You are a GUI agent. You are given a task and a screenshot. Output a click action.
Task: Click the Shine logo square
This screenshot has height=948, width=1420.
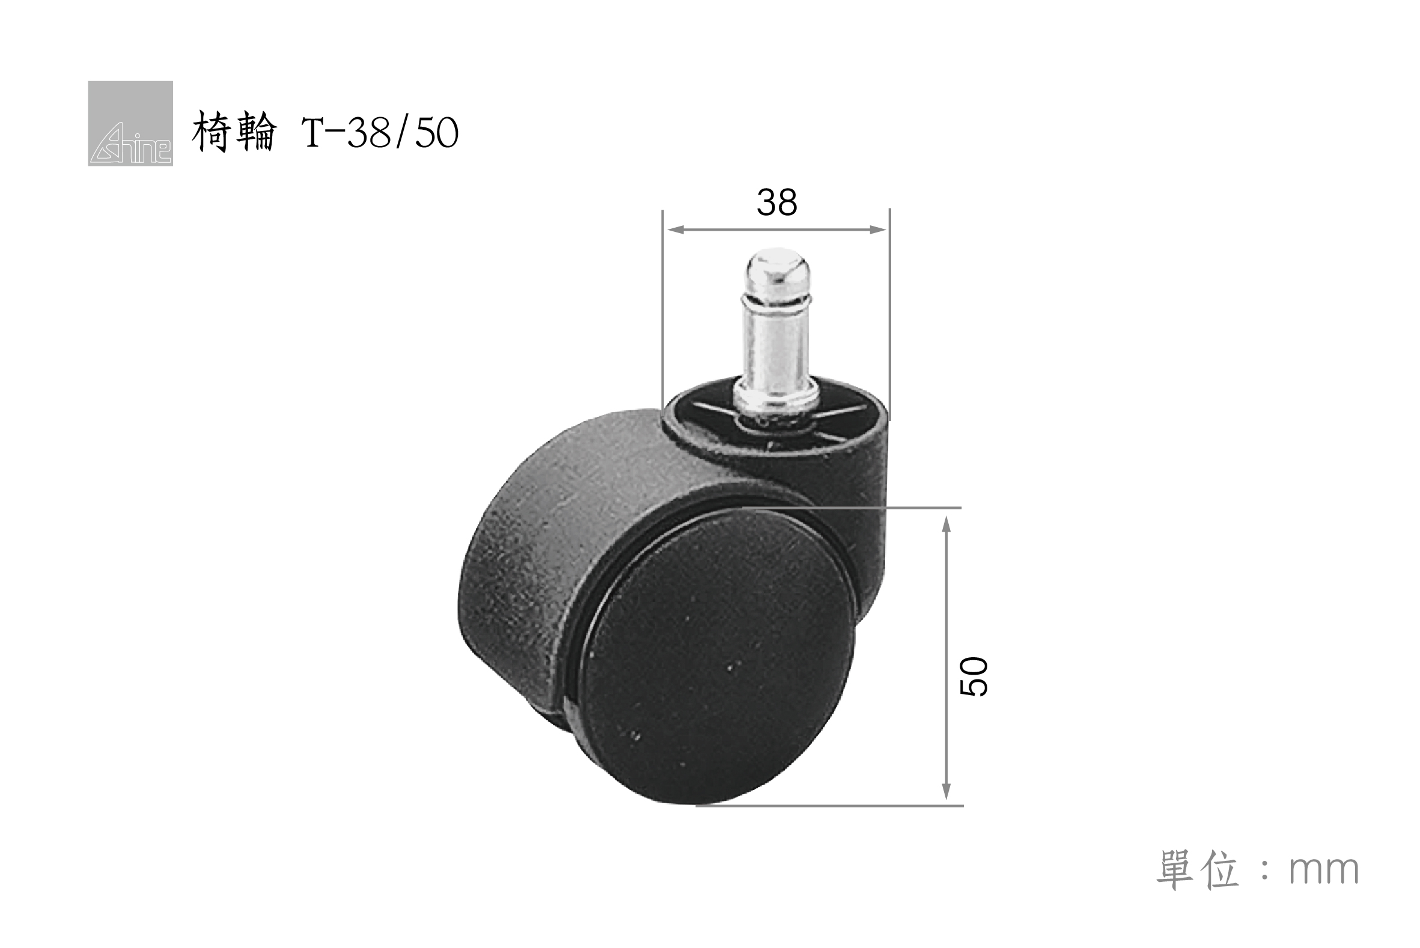tap(130, 123)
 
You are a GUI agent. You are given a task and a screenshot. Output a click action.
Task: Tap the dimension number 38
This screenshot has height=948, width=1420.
tap(777, 202)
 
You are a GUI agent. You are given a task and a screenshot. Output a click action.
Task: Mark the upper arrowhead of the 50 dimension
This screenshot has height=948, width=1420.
tap(946, 524)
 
